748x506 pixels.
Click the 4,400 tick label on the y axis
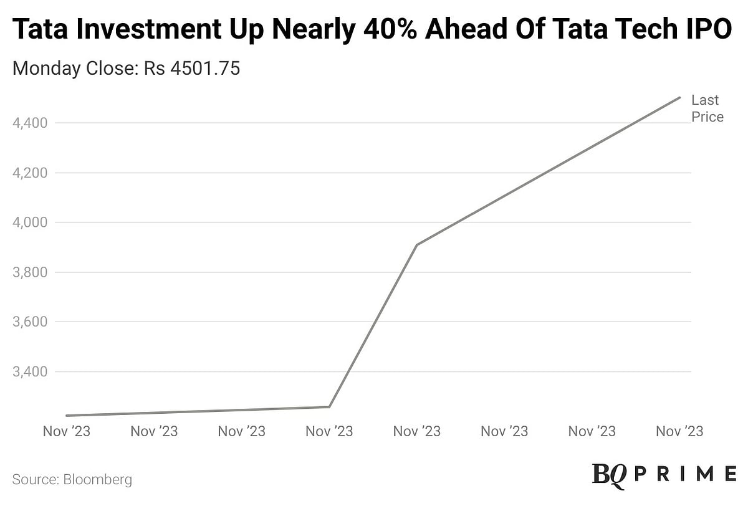[30, 123]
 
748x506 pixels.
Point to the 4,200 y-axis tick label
[30, 173]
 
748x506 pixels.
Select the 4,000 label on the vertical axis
[30, 222]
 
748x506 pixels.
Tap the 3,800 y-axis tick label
[30, 272]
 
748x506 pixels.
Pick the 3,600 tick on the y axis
[30, 322]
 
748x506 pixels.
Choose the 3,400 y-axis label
[30, 372]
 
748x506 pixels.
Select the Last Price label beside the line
[707, 108]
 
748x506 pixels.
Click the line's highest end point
[679, 97]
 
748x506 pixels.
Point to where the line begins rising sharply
[329, 407]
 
